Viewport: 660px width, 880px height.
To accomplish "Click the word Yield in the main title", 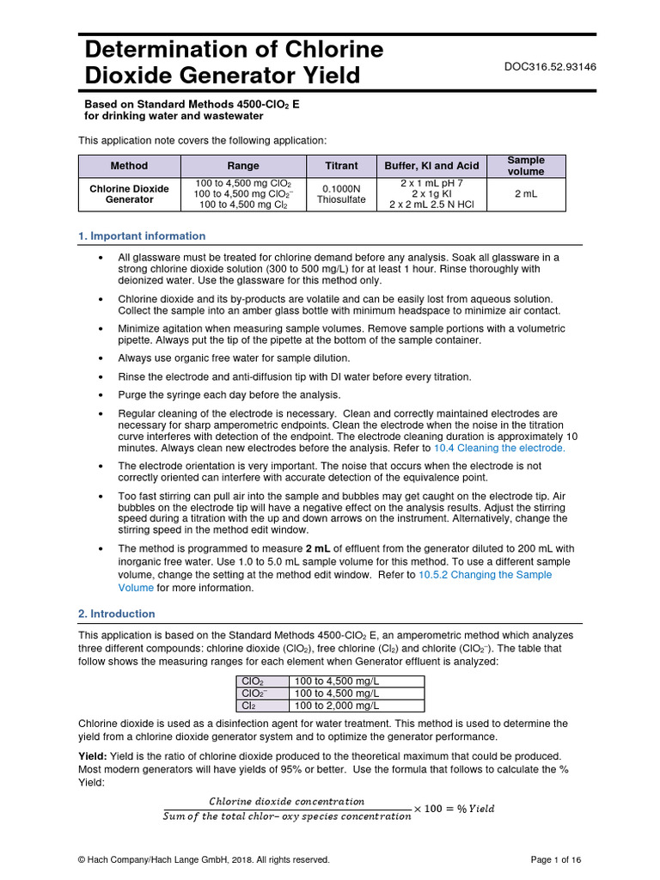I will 331,76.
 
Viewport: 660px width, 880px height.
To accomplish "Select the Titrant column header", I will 341,166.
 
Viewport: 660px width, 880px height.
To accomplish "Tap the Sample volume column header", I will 526,166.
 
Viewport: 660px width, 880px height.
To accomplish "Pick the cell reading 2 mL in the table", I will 526,194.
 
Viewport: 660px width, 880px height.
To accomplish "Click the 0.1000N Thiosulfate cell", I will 341,194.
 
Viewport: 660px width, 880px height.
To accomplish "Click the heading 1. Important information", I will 142,236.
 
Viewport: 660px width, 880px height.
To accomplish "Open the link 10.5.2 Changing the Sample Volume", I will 485,575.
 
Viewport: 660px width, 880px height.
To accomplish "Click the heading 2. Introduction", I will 117,614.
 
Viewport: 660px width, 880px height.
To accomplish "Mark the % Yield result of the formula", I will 474,809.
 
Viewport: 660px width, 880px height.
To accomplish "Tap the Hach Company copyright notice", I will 204,859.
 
